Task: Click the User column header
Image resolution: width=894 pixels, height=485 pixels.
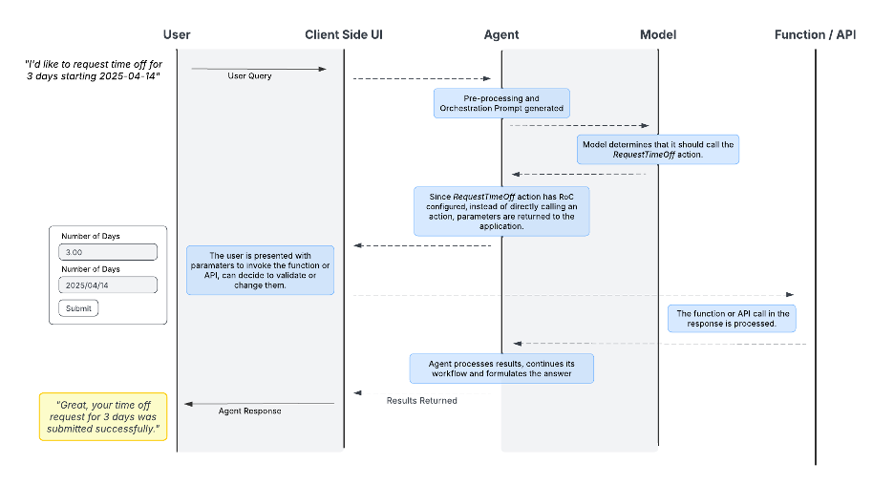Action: (x=177, y=34)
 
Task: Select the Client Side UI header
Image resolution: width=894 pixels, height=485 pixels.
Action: (x=344, y=34)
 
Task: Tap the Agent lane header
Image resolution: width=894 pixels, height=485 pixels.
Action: (x=501, y=34)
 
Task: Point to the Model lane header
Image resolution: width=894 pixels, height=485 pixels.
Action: (x=658, y=34)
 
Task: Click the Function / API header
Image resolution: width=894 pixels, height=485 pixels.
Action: (x=815, y=34)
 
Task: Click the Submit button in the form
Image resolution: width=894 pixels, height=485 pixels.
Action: (x=78, y=308)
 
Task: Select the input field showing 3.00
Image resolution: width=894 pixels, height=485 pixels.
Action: (x=108, y=252)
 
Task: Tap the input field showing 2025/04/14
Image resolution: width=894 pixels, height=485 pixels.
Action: (x=108, y=285)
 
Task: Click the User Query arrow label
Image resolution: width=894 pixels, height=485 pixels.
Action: (x=249, y=75)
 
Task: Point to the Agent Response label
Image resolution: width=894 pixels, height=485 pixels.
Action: (x=250, y=411)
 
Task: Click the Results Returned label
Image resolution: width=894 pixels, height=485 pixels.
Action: (x=421, y=400)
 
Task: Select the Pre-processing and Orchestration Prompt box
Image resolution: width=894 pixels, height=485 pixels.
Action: (x=501, y=103)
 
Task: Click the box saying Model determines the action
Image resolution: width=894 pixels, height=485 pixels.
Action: (x=658, y=149)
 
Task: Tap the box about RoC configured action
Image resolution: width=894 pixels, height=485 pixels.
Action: (x=501, y=211)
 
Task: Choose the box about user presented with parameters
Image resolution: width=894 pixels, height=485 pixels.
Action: (x=260, y=269)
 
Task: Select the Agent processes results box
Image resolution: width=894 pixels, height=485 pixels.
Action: (x=501, y=369)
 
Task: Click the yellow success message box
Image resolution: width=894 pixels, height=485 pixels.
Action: (x=103, y=416)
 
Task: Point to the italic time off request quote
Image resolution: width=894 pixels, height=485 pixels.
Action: (x=93, y=70)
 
